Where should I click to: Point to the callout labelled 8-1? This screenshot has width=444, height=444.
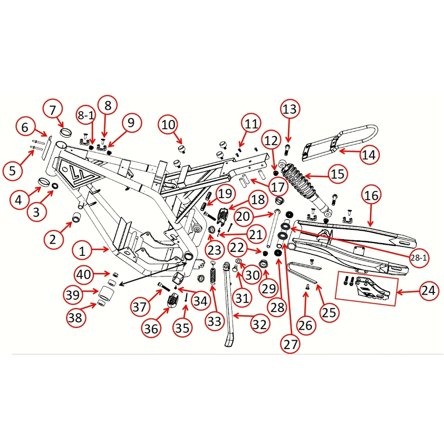87,115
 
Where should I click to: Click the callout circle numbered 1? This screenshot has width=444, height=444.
82,251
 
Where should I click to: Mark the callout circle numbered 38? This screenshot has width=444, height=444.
77,317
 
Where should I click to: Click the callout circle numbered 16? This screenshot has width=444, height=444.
372,195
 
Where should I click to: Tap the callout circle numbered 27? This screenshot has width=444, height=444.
291,344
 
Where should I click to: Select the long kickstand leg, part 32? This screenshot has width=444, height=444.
229,305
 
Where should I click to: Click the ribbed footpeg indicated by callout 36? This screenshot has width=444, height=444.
172,302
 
